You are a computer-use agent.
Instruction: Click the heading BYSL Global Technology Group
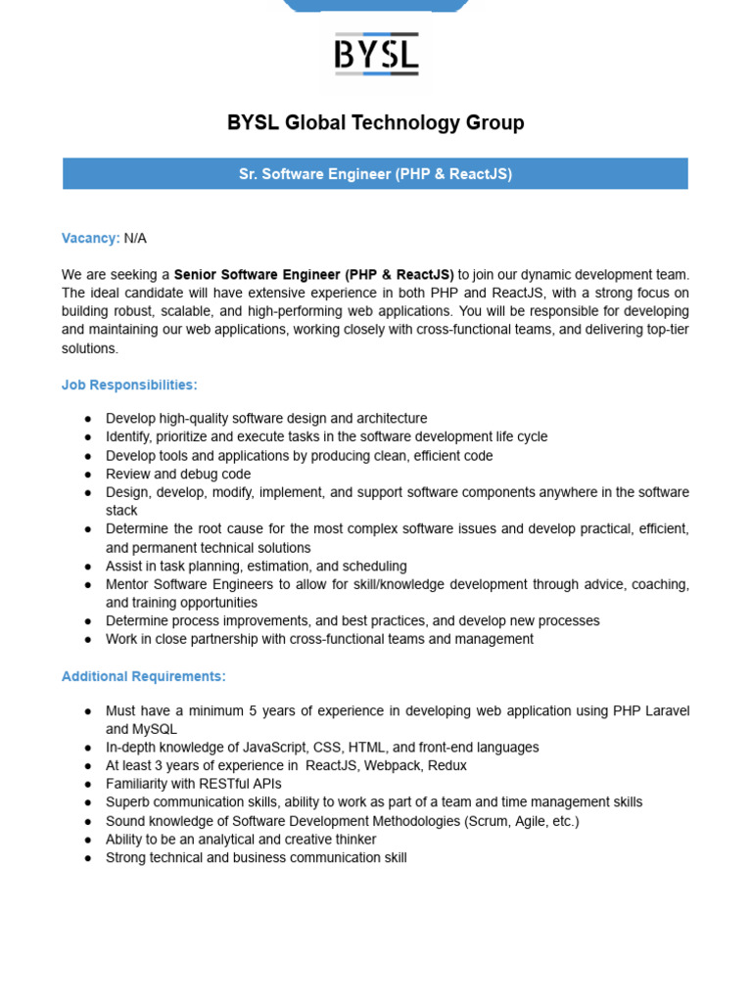pyautogui.click(x=376, y=123)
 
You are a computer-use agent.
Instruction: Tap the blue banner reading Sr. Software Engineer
pyautogui.click(x=376, y=174)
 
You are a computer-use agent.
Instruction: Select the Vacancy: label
pyautogui.click(x=90, y=238)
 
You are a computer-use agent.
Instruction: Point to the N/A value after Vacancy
pyautogui.click(x=135, y=238)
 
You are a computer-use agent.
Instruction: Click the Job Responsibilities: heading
pyautogui.click(x=129, y=386)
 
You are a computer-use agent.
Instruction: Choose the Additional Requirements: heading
pyautogui.click(x=144, y=676)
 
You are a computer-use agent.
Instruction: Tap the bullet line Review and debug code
pyautogui.click(x=178, y=474)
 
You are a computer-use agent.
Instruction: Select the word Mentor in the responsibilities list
pyautogui.click(x=127, y=584)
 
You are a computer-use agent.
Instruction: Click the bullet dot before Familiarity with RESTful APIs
pyautogui.click(x=88, y=784)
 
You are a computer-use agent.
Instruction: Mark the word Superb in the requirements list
pyautogui.click(x=127, y=802)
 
